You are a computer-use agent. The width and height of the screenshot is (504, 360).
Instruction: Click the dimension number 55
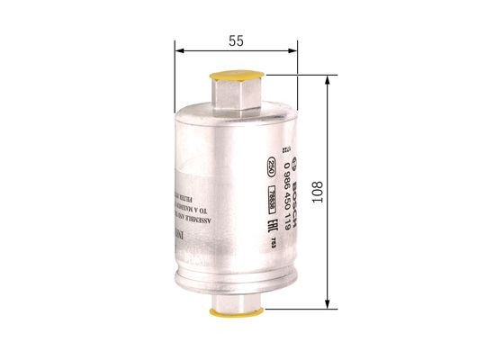click(x=236, y=41)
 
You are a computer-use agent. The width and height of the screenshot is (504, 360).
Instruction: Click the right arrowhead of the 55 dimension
click(x=294, y=52)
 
